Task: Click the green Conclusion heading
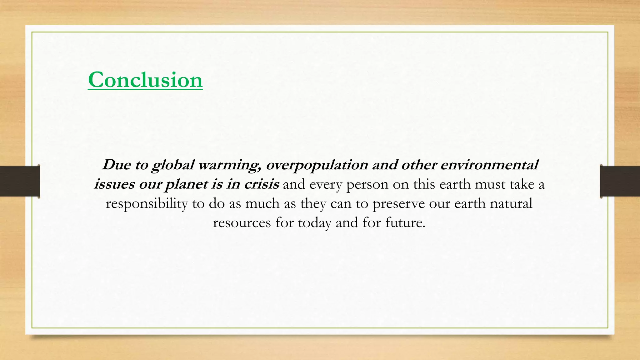(x=145, y=80)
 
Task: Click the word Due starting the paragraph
(x=116, y=165)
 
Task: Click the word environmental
(x=489, y=165)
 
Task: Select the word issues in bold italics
(x=114, y=184)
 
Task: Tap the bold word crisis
(x=261, y=184)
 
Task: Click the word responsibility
(x=147, y=204)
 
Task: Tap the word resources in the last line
(x=242, y=222)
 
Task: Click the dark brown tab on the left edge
(x=20, y=181)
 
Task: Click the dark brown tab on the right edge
(x=620, y=181)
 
